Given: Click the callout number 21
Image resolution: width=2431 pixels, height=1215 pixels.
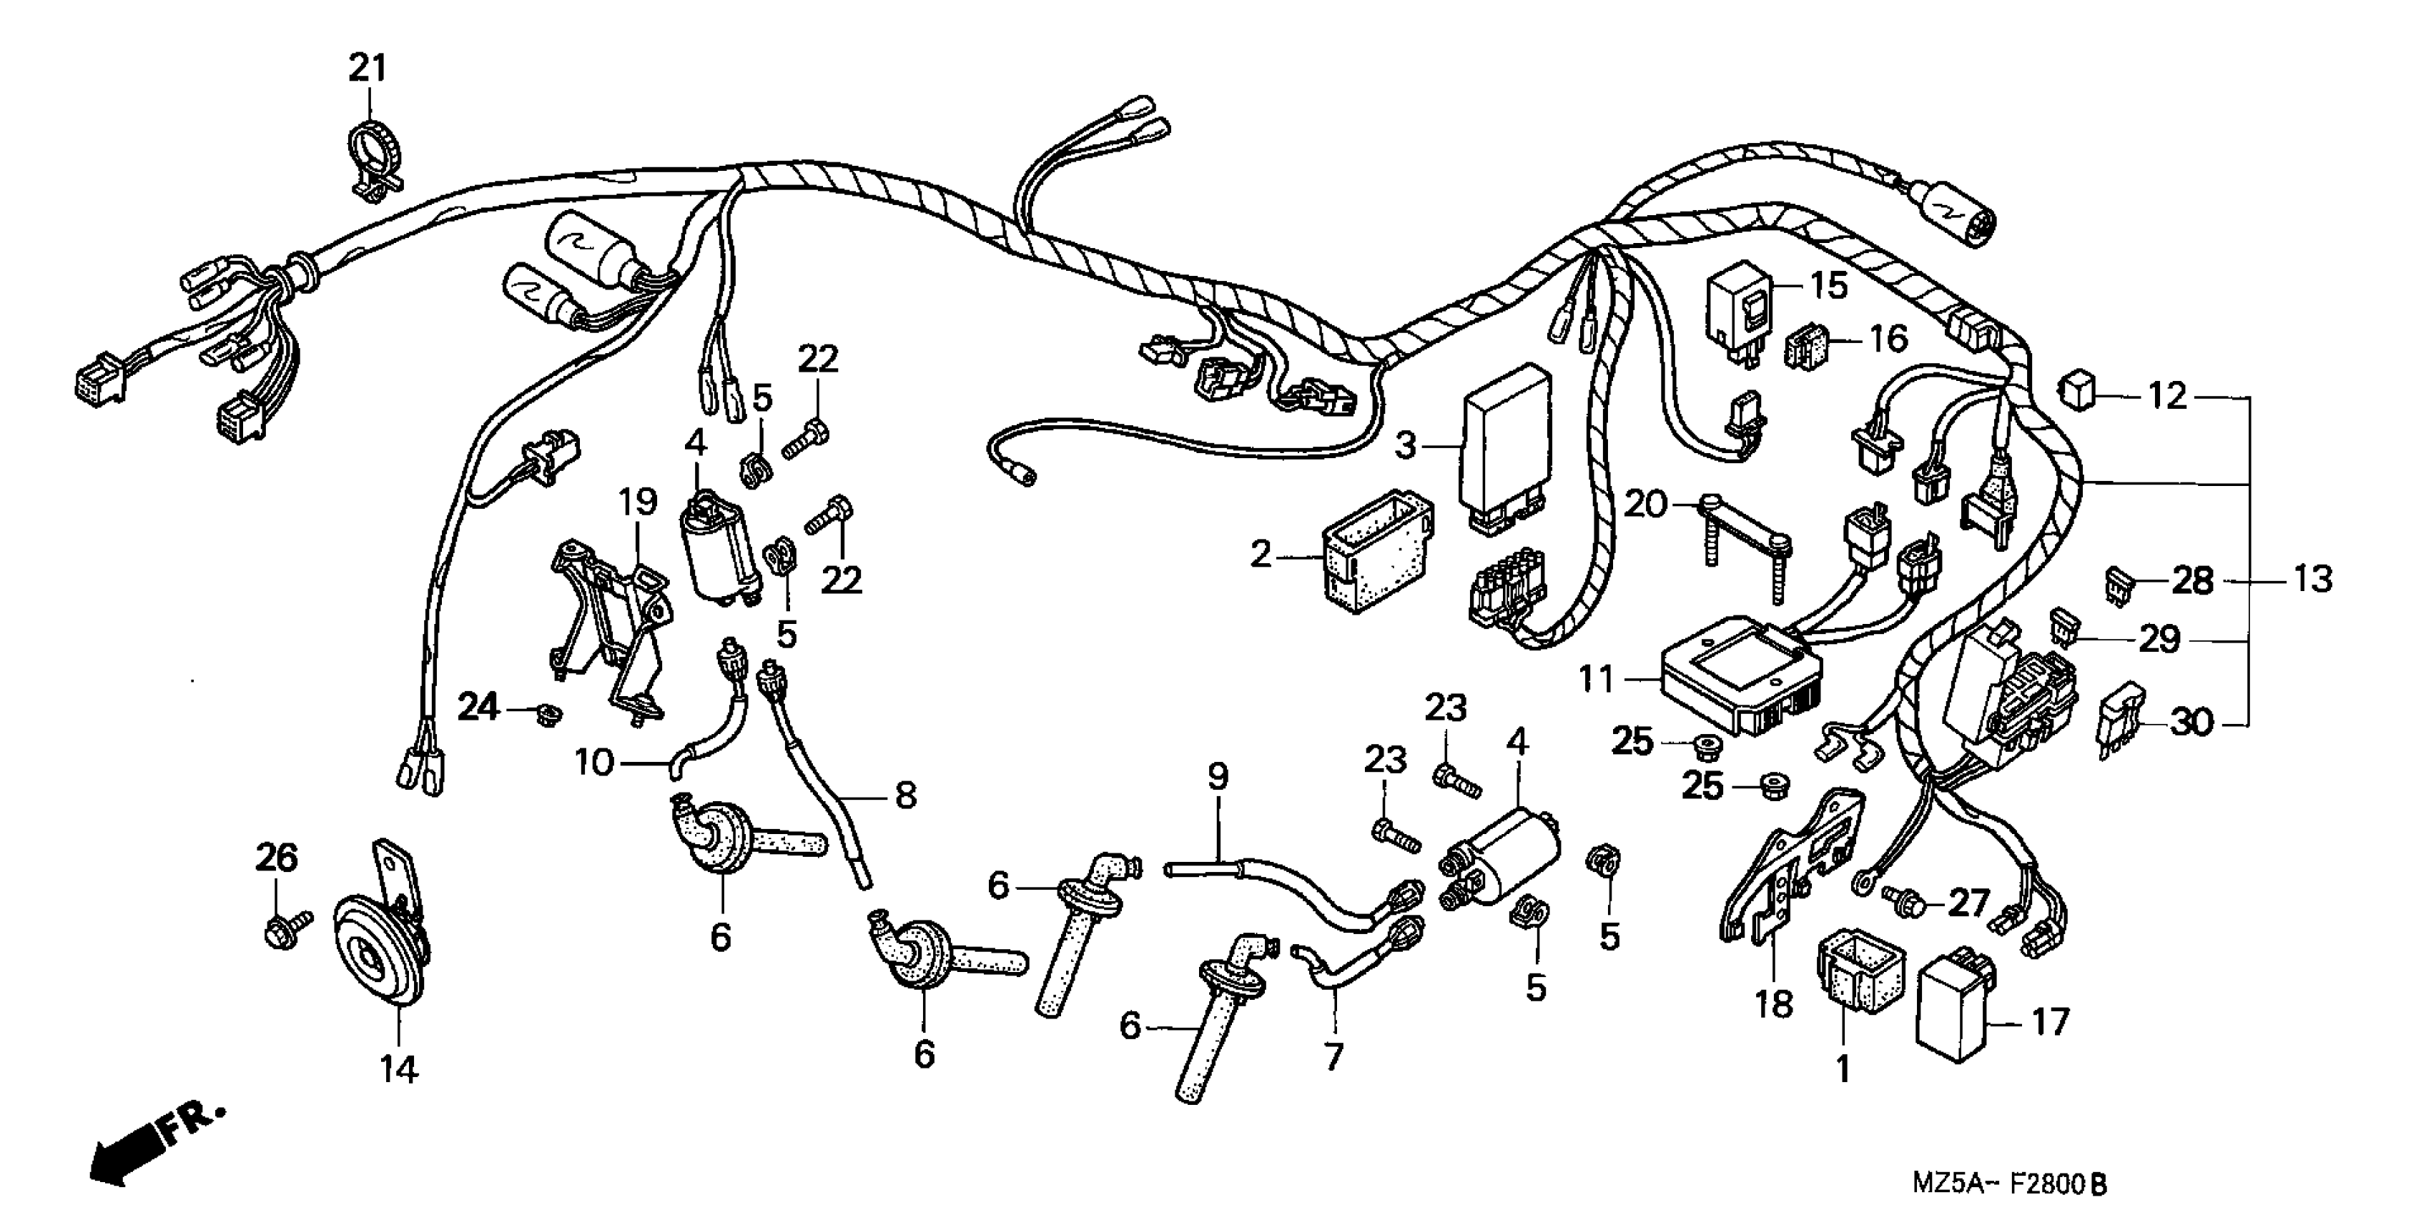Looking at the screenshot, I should click(368, 68).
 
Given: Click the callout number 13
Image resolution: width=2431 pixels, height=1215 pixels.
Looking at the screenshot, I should click(2312, 578).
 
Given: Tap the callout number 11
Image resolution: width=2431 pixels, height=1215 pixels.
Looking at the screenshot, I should click(1596, 678).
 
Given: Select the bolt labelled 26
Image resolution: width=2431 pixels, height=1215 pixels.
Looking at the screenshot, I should click(284, 923).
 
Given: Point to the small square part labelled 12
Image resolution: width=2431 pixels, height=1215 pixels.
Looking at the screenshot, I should click(2077, 390).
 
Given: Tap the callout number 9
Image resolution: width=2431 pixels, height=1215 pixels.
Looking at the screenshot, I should click(1218, 778).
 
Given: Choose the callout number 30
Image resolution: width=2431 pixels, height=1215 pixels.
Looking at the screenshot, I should click(2191, 723).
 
